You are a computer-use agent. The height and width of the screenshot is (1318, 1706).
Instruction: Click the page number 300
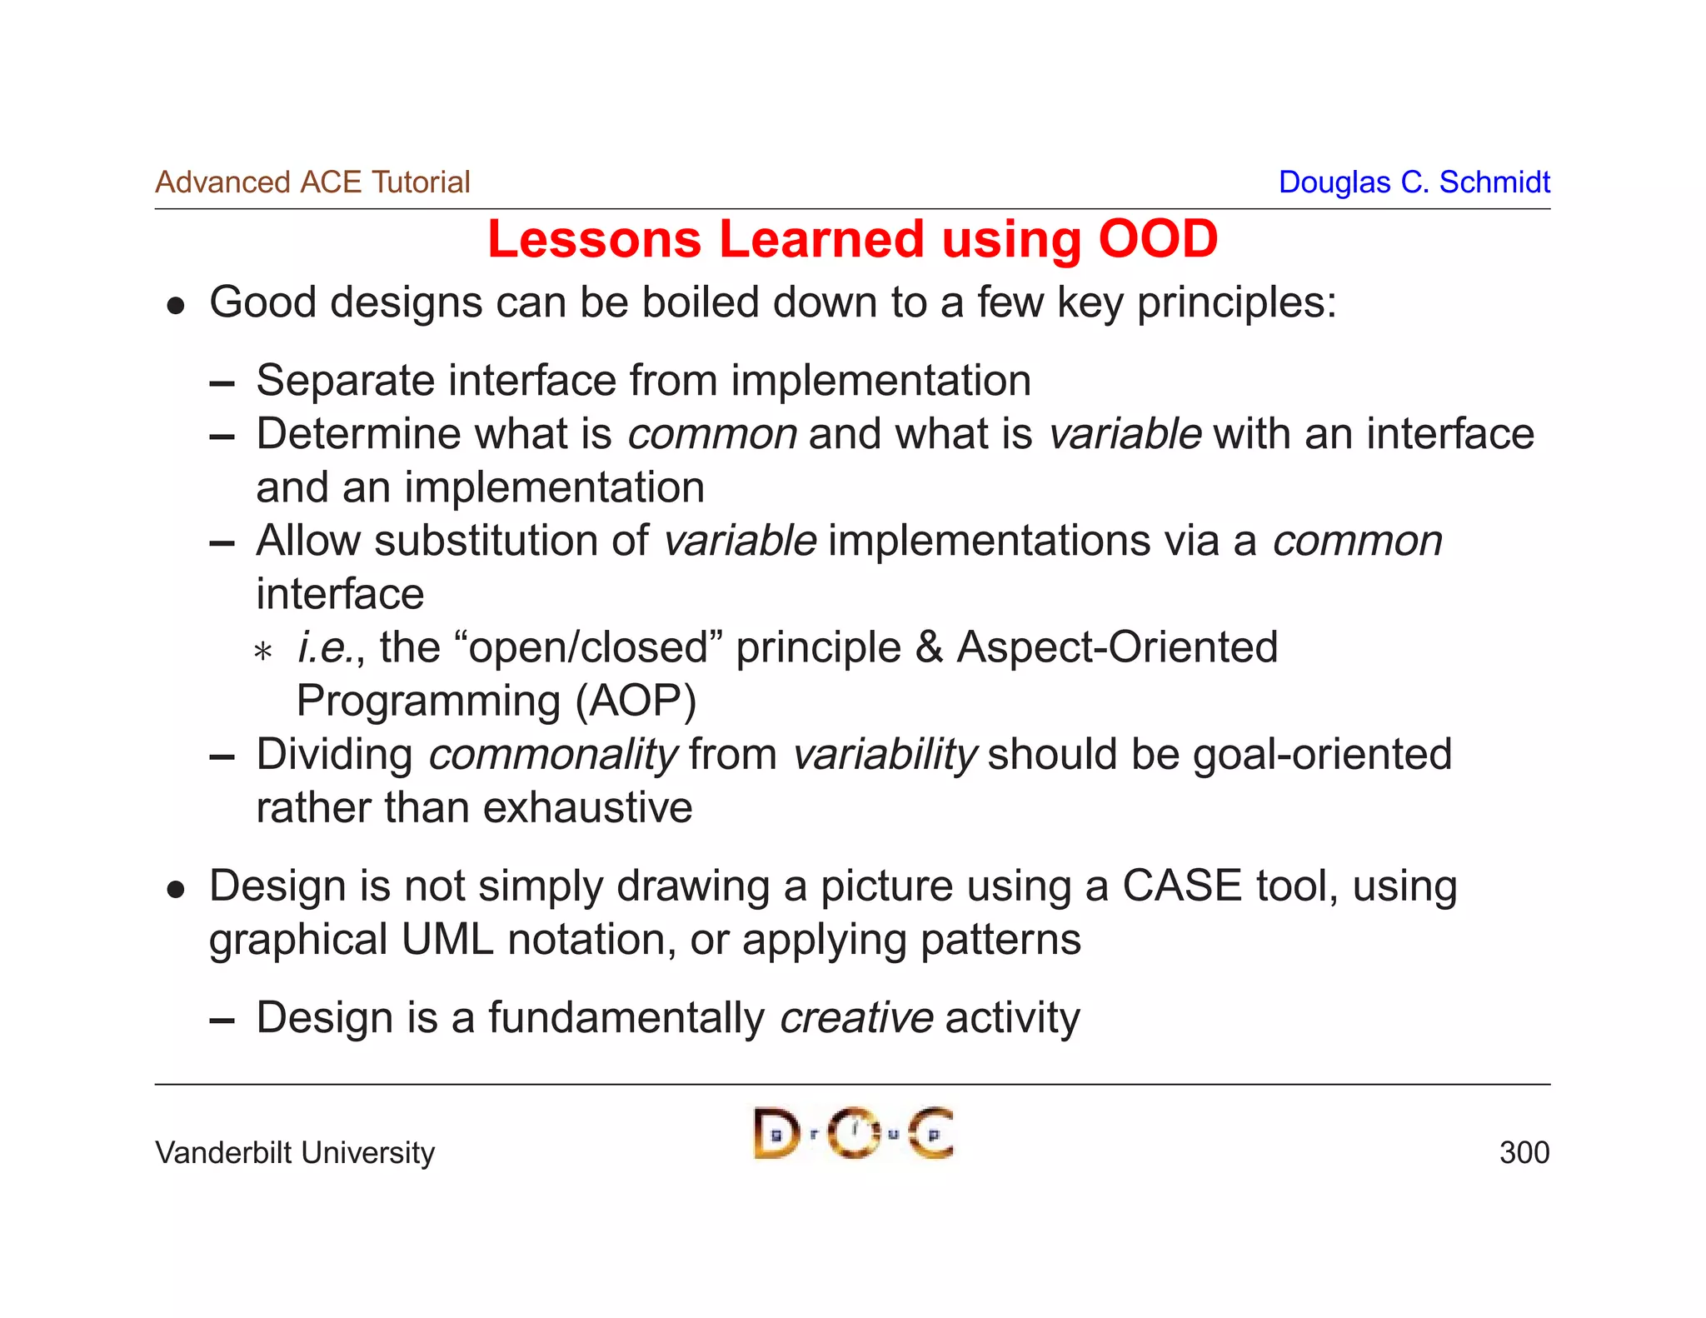[1524, 1152]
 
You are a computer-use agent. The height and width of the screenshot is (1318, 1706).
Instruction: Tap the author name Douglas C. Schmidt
[1414, 182]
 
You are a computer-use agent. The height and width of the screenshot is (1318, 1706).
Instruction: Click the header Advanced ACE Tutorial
[312, 182]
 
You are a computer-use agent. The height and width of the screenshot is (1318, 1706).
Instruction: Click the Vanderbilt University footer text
[295, 1152]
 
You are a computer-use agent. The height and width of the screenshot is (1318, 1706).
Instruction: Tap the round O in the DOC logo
[854, 1133]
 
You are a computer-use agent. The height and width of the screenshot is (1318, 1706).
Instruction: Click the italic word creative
[856, 1017]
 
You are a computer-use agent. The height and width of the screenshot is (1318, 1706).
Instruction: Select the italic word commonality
[553, 755]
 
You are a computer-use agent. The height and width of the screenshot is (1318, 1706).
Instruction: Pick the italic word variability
[884, 755]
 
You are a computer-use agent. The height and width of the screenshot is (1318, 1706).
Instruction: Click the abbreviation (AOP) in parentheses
[636, 701]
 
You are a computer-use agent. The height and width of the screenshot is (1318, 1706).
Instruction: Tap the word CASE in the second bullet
[1181, 886]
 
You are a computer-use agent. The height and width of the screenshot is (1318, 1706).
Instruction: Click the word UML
[447, 940]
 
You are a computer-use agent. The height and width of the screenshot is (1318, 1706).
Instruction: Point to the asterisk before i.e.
[263, 651]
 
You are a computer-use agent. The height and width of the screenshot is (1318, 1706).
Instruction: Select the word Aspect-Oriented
[1116, 647]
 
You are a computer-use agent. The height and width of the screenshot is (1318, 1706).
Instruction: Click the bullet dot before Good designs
[175, 306]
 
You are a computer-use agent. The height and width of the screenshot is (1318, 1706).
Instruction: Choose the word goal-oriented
[1322, 755]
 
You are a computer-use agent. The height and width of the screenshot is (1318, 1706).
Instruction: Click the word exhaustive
[587, 808]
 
